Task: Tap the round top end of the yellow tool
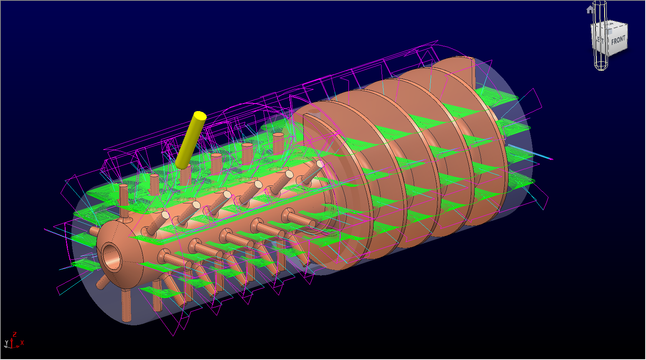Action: (200, 116)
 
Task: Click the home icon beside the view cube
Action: (590, 10)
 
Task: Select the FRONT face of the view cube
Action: (618, 41)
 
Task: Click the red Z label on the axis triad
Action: (15, 335)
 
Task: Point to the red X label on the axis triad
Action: (22, 343)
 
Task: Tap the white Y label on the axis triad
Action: (6, 343)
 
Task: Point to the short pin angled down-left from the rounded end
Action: (102, 282)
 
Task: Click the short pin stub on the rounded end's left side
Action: (94, 231)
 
